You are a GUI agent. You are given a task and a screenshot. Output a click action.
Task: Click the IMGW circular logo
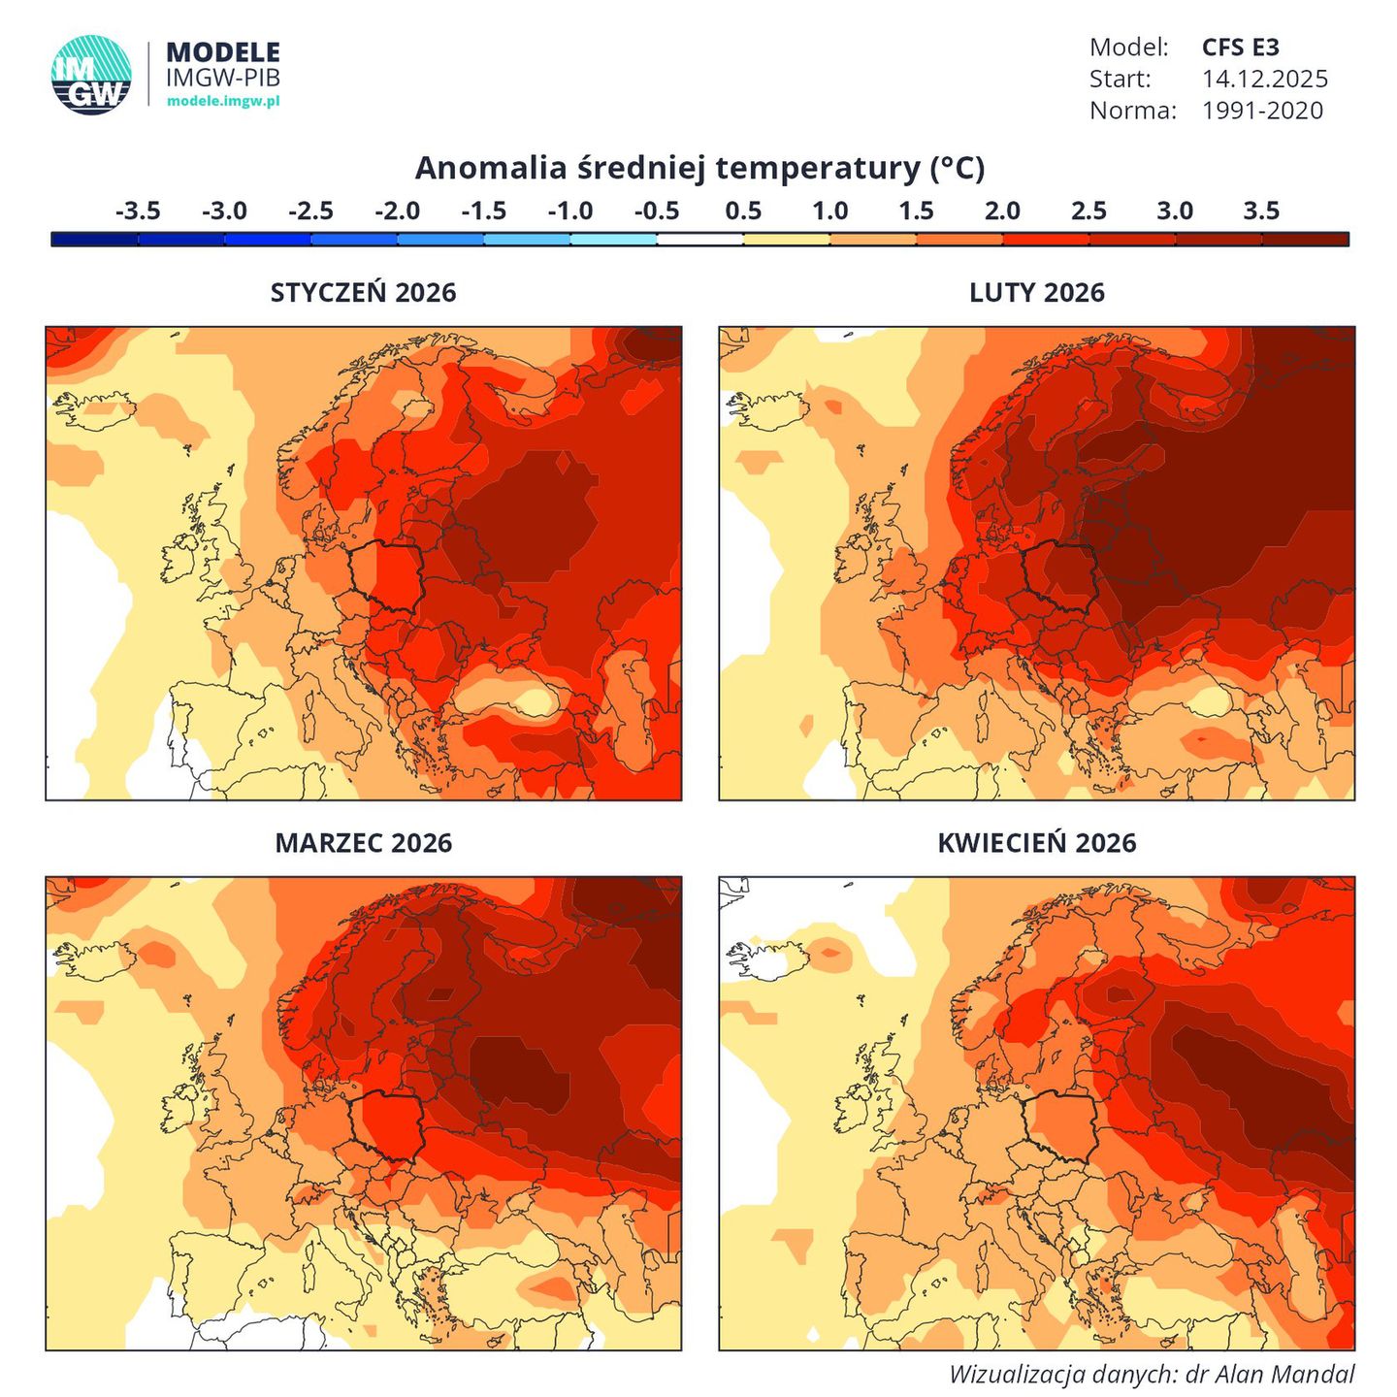point(91,75)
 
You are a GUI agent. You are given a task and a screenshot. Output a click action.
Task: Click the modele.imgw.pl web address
point(223,101)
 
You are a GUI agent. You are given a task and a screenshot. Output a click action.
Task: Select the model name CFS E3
point(1240,48)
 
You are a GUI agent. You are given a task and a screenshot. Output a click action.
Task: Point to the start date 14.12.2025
point(1264,79)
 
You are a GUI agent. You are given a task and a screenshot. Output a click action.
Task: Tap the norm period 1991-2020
point(1262,111)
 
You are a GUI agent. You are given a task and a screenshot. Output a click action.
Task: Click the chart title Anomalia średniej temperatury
point(699,169)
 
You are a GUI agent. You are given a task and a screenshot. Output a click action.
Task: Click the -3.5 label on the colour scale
point(138,211)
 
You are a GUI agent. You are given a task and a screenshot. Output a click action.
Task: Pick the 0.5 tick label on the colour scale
point(743,211)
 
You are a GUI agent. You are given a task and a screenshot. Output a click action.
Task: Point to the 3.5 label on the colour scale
point(1261,211)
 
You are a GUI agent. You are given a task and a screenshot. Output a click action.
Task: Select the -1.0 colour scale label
point(570,211)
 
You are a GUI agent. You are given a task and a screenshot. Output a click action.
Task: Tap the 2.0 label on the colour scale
point(1002,211)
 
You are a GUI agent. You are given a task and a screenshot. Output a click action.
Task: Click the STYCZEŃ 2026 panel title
point(363,293)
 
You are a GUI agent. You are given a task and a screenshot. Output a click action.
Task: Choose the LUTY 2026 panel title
point(1036,293)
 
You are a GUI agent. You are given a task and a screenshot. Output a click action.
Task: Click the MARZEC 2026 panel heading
point(363,843)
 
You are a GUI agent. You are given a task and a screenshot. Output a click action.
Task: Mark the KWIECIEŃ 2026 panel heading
point(1036,843)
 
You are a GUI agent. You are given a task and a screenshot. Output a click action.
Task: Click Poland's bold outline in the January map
point(387,576)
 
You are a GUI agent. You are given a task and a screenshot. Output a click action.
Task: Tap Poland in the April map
point(1060,1125)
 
